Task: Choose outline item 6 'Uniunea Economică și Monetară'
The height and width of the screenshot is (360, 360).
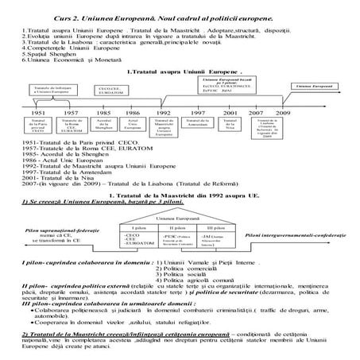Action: (60, 60)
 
